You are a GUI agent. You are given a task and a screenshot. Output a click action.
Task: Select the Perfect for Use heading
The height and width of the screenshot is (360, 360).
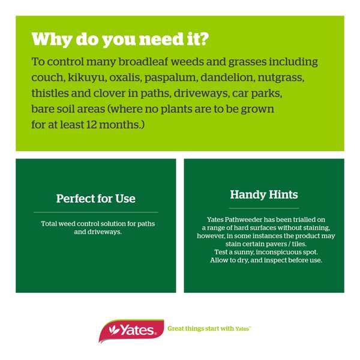(x=96, y=199)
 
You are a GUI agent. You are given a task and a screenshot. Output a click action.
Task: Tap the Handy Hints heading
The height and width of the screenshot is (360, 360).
(x=264, y=195)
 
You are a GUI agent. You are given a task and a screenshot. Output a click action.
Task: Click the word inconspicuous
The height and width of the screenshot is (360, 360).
(x=272, y=253)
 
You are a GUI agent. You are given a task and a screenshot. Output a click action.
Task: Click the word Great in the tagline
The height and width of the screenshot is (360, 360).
(x=178, y=329)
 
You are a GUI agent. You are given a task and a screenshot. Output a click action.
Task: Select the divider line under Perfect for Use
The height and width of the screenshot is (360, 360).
(x=96, y=212)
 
